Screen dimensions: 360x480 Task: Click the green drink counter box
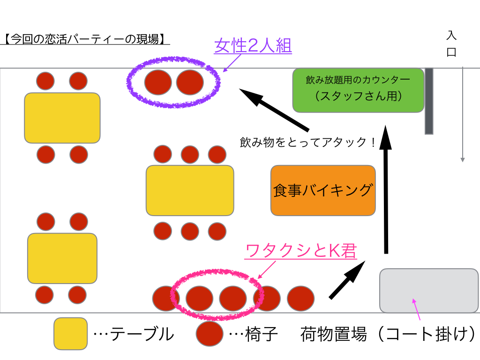click(x=358, y=90)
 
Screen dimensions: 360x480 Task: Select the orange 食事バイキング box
click(x=323, y=190)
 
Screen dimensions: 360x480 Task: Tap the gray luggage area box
click(x=428, y=290)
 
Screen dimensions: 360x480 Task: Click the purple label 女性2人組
click(x=253, y=46)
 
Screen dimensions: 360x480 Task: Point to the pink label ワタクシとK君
click(x=301, y=251)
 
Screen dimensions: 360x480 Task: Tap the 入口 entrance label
click(x=451, y=44)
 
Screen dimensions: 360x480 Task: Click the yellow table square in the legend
click(x=70, y=334)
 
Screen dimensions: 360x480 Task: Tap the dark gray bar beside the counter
click(x=429, y=101)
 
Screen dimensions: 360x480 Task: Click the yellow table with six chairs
click(x=190, y=190)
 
